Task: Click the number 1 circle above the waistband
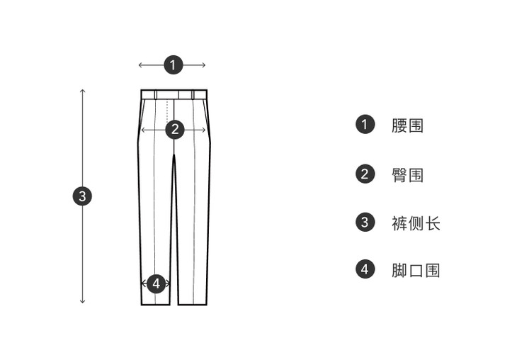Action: click(174, 64)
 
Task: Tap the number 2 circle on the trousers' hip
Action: click(174, 130)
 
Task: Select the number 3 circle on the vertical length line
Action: click(82, 196)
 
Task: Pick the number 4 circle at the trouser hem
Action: click(157, 283)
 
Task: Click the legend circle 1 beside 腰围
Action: click(365, 125)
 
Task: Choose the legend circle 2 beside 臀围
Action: click(365, 174)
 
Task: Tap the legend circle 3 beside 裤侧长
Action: click(365, 223)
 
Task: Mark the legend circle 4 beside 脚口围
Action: click(365, 270)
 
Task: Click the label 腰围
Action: click(408, 126)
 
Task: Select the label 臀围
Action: click(408, 174)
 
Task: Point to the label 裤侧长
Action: click(416, 223)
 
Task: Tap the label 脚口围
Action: click(416, 271)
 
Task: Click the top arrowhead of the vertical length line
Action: click(82, 91)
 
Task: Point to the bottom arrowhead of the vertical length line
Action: click(82, 301)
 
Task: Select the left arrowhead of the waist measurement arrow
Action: click(141, 65)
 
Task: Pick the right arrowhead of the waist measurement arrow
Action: click(203, 65)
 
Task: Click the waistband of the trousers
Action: click(174, 94)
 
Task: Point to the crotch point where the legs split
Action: click(174, 154)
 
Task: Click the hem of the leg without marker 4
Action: click(193, 303)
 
